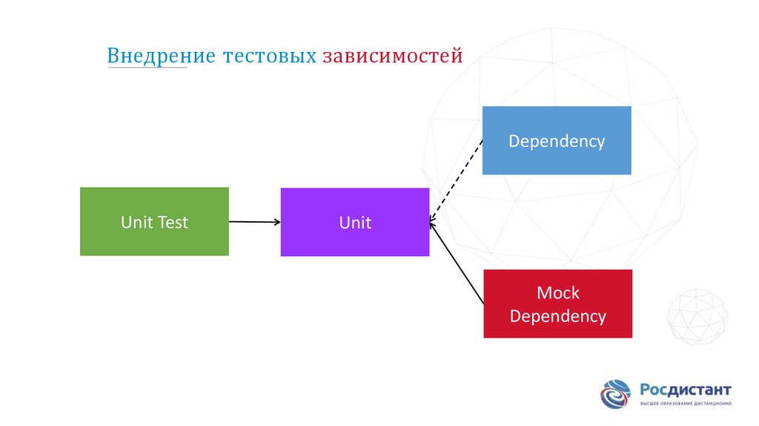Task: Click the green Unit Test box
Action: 154,222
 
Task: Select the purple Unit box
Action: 354,222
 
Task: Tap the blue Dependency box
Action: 556,140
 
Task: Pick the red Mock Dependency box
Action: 557,304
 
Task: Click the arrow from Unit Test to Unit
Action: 254,221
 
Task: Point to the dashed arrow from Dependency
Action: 456,180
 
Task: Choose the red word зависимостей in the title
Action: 393,56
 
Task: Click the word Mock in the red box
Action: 557,292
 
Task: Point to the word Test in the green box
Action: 173,222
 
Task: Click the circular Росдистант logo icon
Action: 615,394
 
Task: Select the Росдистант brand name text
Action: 686,389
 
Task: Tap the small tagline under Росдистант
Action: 686,403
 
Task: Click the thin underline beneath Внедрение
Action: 147,68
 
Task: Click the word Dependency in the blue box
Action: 556,141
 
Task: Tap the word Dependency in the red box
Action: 557,316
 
